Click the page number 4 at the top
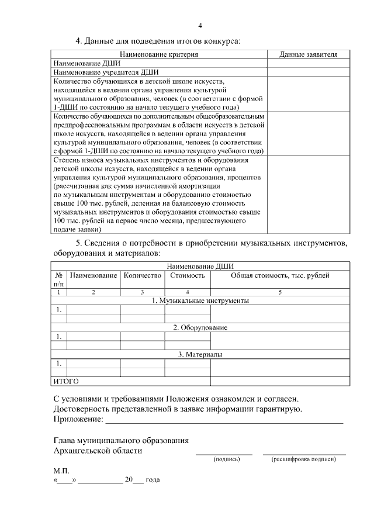200,25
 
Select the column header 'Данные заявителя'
308,54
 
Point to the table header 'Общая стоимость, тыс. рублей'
280,275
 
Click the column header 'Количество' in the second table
142,275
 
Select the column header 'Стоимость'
187,275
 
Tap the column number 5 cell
280,291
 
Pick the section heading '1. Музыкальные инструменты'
200,300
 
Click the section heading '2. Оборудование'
200,327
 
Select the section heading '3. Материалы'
200,354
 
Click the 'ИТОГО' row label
66,381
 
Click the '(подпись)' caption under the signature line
224,459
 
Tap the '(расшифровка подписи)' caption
304,459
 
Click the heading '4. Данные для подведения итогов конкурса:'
158,41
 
